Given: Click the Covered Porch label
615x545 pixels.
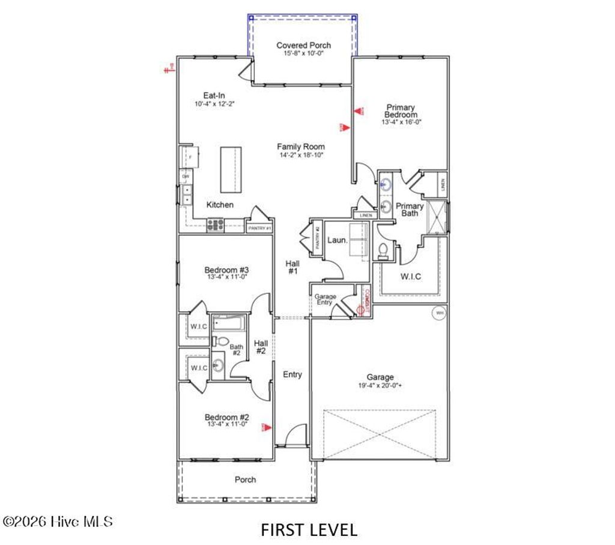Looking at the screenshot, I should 303,45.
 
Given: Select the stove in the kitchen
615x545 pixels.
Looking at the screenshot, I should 215,225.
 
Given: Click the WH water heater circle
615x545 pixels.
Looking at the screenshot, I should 439,313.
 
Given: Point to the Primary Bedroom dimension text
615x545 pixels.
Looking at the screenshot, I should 401,122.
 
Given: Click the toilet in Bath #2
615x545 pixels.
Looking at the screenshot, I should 222,342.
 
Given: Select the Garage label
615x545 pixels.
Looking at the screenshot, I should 380,377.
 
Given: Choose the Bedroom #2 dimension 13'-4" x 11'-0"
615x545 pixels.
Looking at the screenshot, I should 227,424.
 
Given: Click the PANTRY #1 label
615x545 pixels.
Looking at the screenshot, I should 259,228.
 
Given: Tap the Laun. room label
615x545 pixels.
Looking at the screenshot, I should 337,240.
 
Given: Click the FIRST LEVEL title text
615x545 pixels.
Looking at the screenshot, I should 309,529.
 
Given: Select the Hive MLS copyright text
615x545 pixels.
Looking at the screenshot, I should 58,522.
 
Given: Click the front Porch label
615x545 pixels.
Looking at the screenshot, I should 245,480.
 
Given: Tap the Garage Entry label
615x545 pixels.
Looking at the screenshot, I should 326,299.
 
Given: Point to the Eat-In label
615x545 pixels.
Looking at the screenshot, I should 214,96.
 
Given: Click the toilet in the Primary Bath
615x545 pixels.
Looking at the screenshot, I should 384,249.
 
